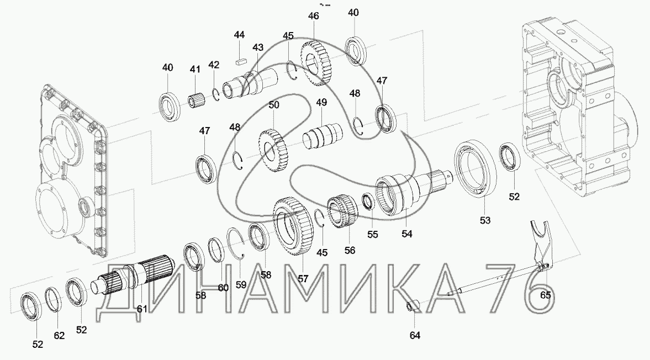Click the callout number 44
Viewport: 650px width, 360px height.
[239, 35]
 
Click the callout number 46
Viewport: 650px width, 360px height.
[313, 16]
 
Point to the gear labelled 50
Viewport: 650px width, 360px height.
[273, 151]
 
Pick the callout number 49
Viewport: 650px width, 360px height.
[321, 102]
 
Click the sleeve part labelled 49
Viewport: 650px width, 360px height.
[322, 135]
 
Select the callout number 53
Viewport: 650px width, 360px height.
[485, 220]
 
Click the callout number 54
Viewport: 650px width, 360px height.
[406, 234]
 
